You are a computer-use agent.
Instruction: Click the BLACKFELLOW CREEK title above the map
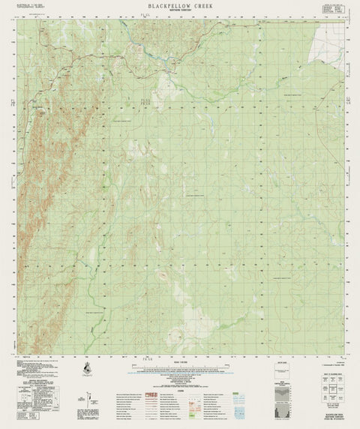point(180,7)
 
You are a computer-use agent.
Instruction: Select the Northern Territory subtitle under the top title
point(180,13)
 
